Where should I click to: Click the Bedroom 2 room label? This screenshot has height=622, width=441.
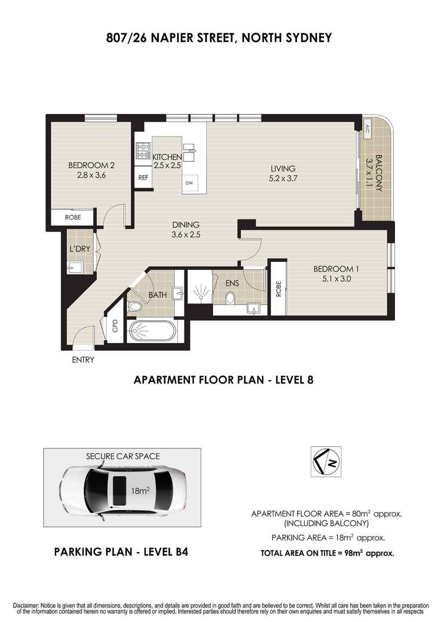(x=91, y=166)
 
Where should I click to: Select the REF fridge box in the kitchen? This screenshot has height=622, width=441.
(x=143, y=177)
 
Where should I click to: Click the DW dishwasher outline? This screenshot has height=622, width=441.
(x=190, y=183)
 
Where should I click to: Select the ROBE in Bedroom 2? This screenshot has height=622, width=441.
(x=73, y=217)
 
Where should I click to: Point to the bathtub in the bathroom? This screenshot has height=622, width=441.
(x=151, y=330)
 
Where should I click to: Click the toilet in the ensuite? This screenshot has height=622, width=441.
(x=230, y=298)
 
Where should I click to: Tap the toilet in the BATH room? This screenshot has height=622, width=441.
(x=135, y=307)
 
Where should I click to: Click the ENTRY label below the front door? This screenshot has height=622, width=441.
(x=83, y=360)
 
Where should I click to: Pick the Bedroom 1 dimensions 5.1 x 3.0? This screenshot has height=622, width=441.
(x=336, y=279)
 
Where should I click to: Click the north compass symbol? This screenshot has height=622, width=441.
(x=326, y=461)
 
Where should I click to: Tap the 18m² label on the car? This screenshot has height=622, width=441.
(x=140, y=491)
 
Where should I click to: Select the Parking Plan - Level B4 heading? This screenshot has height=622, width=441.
(x=121, y=552)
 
